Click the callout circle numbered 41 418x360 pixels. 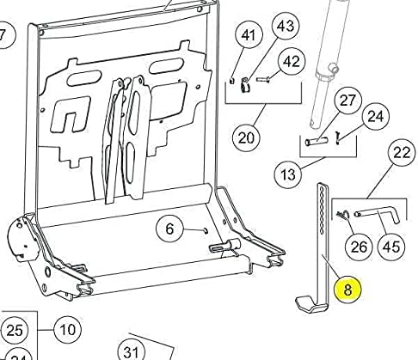click(x=249, y=36)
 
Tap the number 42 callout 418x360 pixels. click(x=292, y=62)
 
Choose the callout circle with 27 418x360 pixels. click(x=346, y=101)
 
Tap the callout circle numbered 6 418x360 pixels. click(x=170, y=229)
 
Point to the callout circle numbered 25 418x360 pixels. click(x=15, y=330)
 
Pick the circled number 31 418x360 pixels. click(x=131, y=351)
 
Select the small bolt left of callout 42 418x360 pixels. click(x=265, y=80)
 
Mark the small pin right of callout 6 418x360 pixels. click(x=206, y=230)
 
